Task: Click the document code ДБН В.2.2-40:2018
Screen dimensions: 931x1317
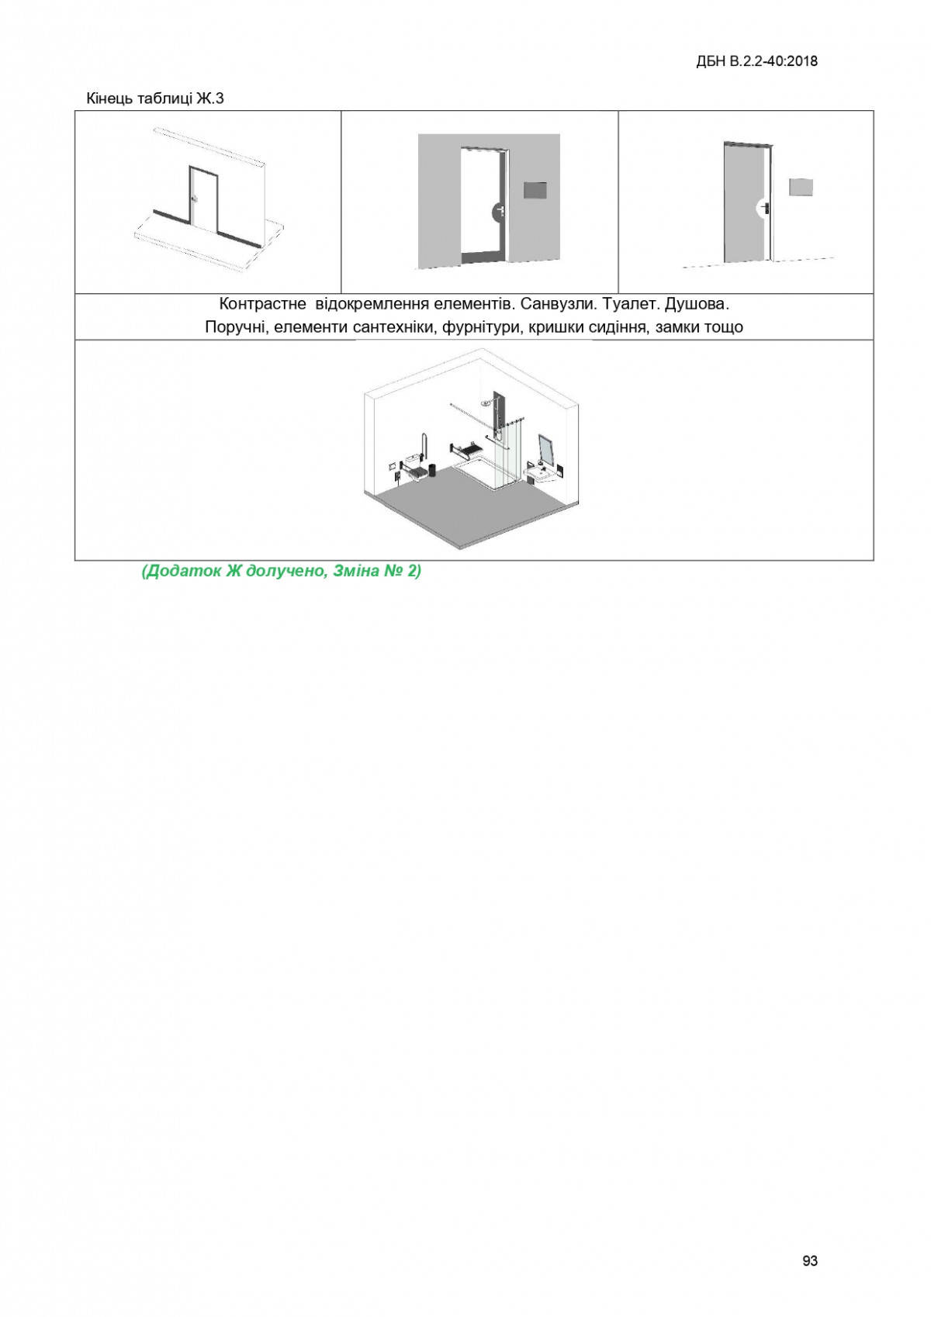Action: (x=756, y=61)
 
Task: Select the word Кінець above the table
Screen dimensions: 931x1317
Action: (x=110, y=99)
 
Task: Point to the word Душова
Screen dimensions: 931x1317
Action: (x=702, y=305)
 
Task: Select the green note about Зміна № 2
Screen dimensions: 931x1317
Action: (x=281, y=571)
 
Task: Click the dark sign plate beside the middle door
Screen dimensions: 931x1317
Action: (x=536, y=192)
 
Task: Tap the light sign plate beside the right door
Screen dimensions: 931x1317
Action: (x=801, y=187)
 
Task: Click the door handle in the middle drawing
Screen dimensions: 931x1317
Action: (x=500, y=210)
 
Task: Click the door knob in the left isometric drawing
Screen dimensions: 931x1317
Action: (x=195, y=199)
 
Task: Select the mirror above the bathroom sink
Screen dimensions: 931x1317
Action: (x=546, y=450)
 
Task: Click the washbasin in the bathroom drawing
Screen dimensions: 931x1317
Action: (x=538, y=472)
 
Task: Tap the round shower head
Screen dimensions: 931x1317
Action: (x=485, y=403)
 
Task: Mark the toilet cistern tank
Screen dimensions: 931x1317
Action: (x=410, y=458)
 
